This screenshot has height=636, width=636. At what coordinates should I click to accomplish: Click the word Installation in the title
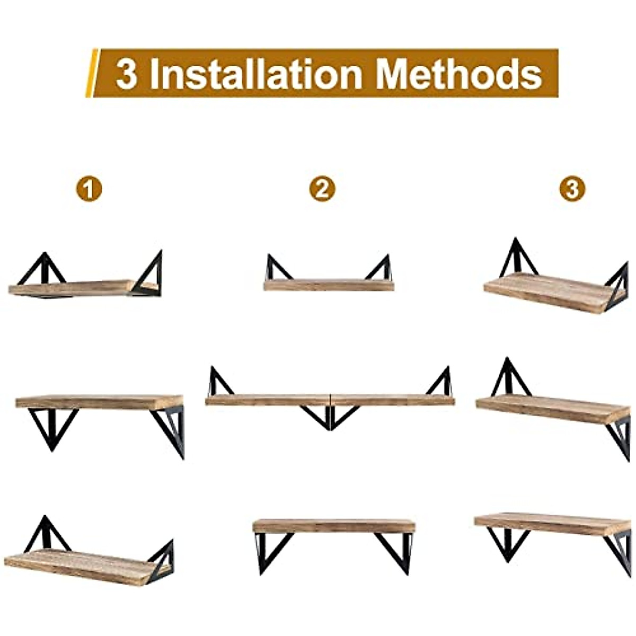[256, 74]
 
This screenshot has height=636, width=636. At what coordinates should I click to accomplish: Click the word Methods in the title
[458, 74]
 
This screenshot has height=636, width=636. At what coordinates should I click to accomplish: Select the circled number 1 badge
[89, 189]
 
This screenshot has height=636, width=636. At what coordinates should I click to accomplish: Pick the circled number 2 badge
[322, 189]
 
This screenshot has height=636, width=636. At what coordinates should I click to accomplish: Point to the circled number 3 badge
[572, 189]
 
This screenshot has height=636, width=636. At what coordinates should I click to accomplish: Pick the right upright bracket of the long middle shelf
[440, 382]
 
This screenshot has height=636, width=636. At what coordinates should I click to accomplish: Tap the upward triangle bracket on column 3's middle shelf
[508, 379]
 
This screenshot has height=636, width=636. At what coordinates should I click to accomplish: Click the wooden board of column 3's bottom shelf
[551, 523]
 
